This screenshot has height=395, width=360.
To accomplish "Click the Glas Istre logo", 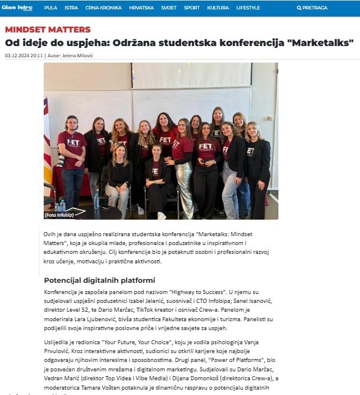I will [x=18, y=8].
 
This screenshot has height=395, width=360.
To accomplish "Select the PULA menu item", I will [x=51, y=8].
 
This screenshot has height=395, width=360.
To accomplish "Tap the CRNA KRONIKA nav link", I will [x=103, y=8].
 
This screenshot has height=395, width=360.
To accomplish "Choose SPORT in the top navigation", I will [x=192, y=8].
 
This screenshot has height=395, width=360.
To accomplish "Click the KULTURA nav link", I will [x=218, y=8].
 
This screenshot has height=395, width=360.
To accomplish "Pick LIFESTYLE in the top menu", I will [x=248, y=8].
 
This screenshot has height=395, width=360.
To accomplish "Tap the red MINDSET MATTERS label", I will [x=48, y=29].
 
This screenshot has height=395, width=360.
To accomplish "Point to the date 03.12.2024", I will [x=17, y=56].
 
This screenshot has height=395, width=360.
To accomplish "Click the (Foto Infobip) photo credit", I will [x=59, y=216].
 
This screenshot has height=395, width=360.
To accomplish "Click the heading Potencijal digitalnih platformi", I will [x=99, y=280].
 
